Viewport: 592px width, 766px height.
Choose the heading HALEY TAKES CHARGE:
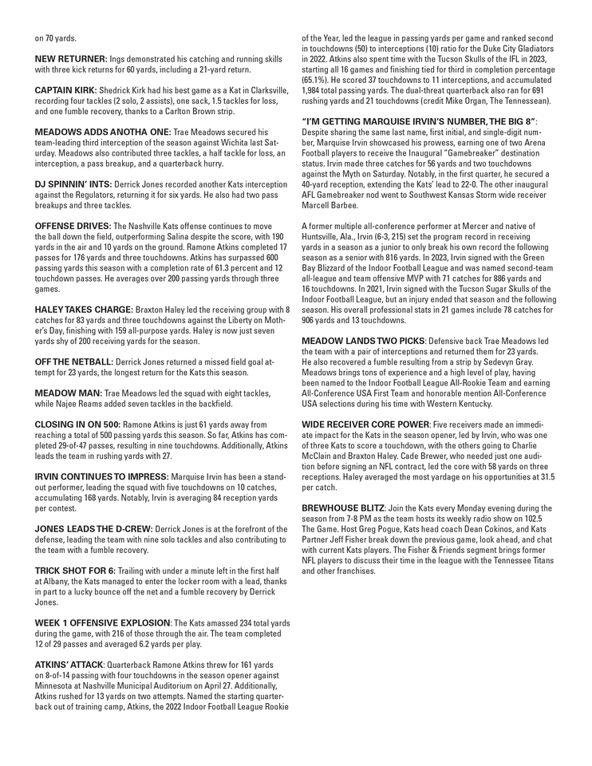pyautogui.click(x=85, y=309)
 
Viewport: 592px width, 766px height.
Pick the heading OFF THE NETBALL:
pyautogui.click(x=75, y=361)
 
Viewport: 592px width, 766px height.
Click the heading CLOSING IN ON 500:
pyautogui.click(x=78, y=422)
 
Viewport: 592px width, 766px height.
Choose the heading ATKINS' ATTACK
pyautogui.click(x=68, y=664)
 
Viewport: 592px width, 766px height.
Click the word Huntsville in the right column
pyautogui.click(x=322, y=237)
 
